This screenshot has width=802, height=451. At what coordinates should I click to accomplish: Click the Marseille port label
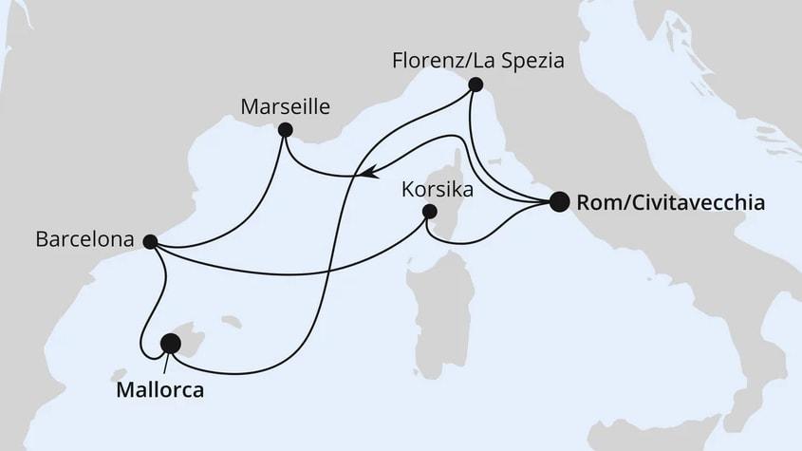[287, 107]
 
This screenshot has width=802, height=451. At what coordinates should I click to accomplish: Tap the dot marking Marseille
[284, 130]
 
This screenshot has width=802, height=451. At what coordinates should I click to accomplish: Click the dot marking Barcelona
[149, 241]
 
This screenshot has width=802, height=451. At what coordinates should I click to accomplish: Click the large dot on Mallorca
[171, 343]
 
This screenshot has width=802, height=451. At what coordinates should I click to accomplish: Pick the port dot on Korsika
[429, 212]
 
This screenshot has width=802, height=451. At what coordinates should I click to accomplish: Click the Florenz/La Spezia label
[478, 62]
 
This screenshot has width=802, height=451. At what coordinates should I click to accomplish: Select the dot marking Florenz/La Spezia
[476, 85]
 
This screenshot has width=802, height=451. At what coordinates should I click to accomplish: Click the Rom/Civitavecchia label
[670, 202]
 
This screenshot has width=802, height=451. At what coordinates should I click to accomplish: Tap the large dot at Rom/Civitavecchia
[559, 201]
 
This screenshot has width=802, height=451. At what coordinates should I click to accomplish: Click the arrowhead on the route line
[365, 174]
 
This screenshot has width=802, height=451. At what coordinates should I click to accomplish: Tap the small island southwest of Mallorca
[121, 374]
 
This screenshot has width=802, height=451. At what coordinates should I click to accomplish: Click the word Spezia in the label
[535, 62]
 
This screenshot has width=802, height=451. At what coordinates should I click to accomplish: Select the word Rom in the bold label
[595, 202]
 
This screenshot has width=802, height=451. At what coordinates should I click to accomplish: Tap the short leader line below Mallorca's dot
[168, 363]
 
